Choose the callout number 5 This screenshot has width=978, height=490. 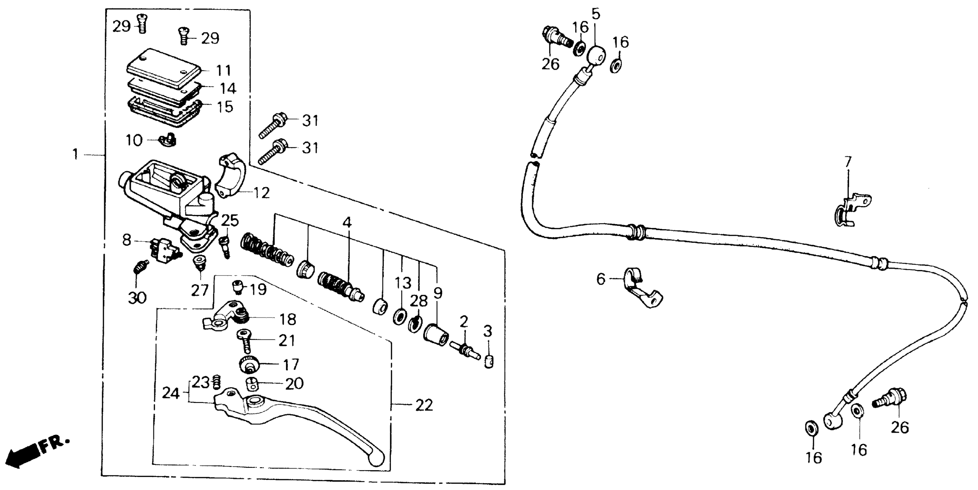pyautogui.click(x=596, y=14)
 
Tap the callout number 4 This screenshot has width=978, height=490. pyautogui.click(x=347, y=223)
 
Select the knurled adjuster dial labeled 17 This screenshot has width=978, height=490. pyautogui.click(x=249, y=365)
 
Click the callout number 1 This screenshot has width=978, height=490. pyautogui.click(x=75, y=154)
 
